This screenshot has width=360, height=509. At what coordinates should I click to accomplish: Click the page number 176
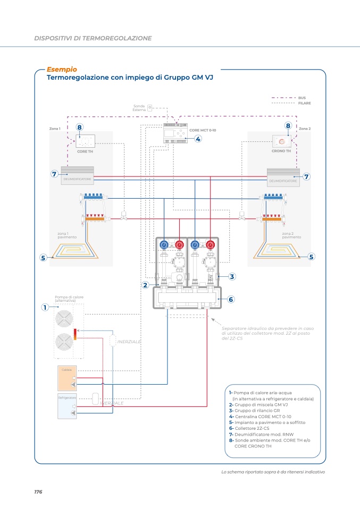click(38, 492)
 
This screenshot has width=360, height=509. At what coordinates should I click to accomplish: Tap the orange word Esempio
click(62, 69)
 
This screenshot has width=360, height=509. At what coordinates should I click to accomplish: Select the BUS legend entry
click(302, 98)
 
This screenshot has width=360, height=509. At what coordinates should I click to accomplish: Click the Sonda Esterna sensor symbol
click(150, 107)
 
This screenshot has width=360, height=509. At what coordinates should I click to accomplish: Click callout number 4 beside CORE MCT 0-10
click(198, 139)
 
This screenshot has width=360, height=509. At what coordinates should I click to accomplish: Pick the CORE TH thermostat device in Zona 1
click(85, 141)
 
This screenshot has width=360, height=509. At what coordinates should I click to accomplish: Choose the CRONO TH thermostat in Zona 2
click(281, 141)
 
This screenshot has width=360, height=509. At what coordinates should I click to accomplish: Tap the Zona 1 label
click(55, 129)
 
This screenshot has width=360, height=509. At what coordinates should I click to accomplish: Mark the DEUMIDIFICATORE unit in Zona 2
click(283, 176)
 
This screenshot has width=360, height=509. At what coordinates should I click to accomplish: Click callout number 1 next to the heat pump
click(46, 307)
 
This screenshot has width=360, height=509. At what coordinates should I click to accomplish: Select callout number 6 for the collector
click(231, 299)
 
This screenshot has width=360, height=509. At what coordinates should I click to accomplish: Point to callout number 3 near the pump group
click(232, 276)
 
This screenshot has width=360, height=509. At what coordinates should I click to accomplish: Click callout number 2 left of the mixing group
click(145, 285)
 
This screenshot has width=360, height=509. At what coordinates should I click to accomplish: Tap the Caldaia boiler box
click(66, 377)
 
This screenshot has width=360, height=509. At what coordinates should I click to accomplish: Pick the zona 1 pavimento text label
click(67, 235)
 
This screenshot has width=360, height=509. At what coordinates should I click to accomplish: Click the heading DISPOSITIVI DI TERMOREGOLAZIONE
click(93, 38)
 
